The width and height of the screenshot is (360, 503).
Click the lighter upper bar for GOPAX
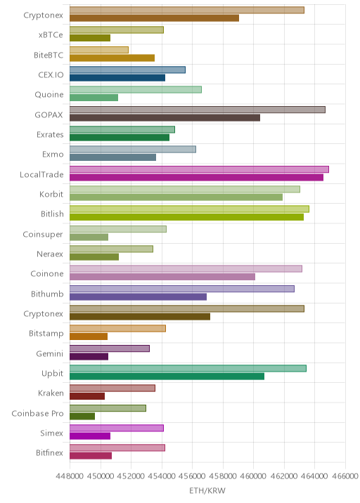tap(198, 110)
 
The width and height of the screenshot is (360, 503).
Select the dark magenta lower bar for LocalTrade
tap(197, 178)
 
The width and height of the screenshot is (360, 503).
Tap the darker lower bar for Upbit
tap(167, 377)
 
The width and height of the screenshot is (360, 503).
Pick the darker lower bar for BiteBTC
tap(112, 58)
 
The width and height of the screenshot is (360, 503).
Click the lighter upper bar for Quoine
tap(136, 89)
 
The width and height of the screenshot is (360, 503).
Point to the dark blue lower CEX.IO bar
tap(117, 78)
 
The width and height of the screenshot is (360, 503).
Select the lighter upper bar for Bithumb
tap(182, 289)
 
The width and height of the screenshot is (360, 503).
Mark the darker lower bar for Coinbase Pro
tap(82, 416)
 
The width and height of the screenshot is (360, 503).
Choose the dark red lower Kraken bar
tap(87, 396)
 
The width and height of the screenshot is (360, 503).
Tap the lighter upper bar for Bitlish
tap(189, 209)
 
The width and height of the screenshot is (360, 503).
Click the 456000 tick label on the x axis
tap(193, 476)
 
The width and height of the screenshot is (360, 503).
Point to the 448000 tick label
tap(70, 476)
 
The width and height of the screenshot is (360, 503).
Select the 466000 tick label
tap(345, 476)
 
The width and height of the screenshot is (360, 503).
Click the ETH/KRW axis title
tap(207, 491)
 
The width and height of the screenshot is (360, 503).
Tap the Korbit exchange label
tap(51, 194)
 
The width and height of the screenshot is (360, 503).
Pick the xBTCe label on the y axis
tap(51, 34)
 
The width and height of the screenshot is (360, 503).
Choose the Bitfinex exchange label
tap(49, 452)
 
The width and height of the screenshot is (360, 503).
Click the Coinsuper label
tap(43, 235)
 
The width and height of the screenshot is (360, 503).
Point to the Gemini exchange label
tap(50, 353)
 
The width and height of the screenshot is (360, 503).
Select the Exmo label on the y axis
tap(53, 155)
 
